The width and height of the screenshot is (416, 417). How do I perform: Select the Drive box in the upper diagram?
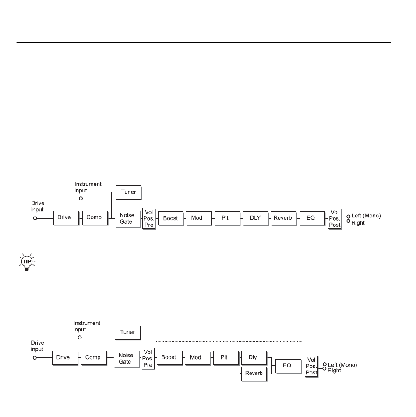point(64,217)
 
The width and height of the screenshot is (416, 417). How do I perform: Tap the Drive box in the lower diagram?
point(63,357)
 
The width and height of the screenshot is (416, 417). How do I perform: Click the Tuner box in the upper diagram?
point(129,192)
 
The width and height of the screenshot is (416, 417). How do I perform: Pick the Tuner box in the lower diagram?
point(127,332)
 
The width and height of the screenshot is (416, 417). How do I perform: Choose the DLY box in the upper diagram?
point(255,217)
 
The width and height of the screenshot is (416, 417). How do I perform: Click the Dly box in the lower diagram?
point(253,357)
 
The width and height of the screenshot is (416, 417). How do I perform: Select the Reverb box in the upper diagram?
point(283,217)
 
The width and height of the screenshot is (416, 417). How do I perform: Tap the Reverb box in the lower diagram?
point(254,373)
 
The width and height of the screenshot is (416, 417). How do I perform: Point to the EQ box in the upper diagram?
point(311,217)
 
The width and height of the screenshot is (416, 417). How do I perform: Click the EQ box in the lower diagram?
point(287,365)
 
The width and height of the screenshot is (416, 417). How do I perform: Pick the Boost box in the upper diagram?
point(171,217)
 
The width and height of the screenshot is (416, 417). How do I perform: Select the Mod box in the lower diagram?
point(196,357)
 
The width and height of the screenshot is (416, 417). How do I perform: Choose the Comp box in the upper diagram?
point(95,217)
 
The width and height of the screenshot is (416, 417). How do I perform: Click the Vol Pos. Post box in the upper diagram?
point(335,217)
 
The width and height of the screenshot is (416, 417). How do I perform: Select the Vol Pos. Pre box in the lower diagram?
point(148,358)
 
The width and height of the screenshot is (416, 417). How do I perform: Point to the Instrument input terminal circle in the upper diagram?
point(81,198)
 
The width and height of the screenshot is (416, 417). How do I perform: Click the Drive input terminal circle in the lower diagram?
point(35,357)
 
